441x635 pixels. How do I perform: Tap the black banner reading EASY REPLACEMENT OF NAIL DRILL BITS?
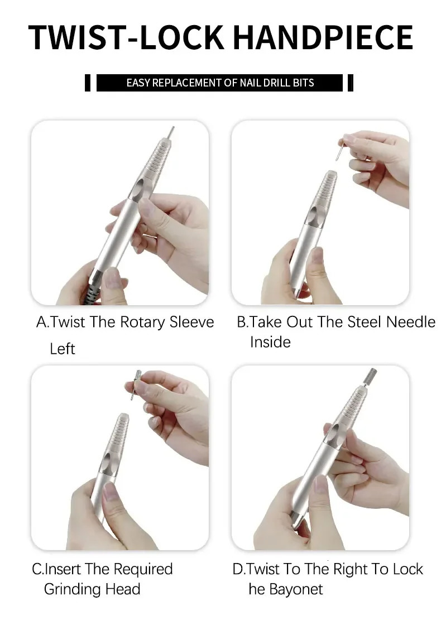coord(219,83)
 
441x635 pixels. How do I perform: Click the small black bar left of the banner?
coord(87,83)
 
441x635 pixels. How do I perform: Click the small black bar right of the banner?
coord(350,83)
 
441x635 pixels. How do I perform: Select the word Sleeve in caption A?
coord(191,323)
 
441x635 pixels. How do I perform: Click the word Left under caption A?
coord(62,349)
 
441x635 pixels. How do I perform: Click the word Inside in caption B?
coord(270,342)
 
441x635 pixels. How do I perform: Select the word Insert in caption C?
coord(63,569)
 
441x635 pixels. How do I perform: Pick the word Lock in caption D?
coord(408,569)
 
